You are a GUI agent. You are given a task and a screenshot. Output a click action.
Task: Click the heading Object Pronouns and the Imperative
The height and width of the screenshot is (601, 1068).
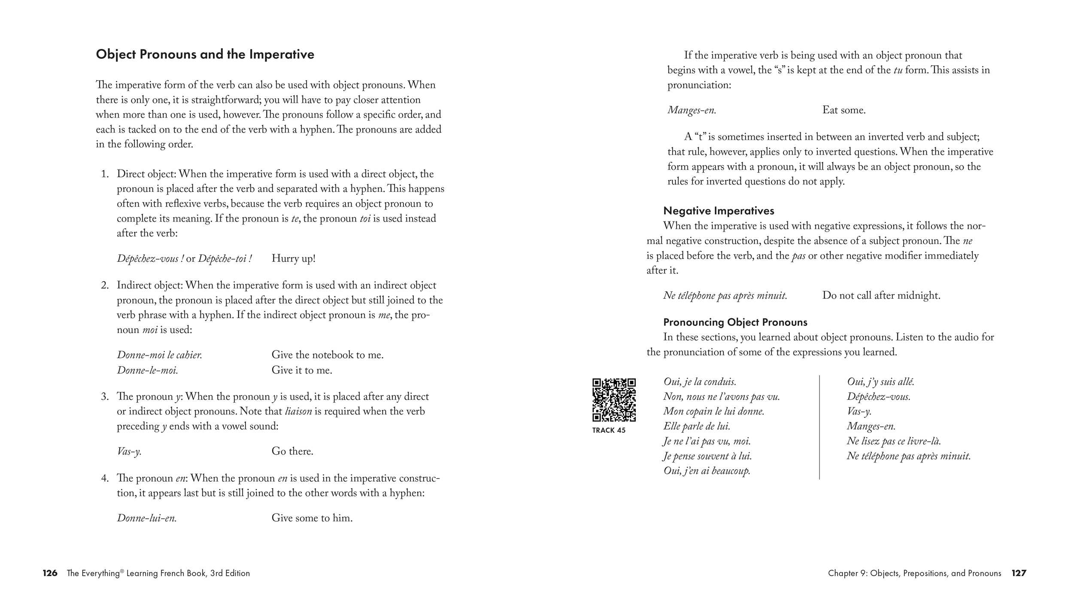[205, 55]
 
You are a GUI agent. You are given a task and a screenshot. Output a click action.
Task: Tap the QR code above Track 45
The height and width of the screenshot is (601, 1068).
[614, 400]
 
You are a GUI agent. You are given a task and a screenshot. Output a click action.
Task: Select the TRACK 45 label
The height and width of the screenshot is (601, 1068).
[609, 430]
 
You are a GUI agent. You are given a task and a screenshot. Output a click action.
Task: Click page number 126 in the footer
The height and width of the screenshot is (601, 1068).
[50, 573]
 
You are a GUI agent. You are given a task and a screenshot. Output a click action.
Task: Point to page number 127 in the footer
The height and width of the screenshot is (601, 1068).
[1019, 573]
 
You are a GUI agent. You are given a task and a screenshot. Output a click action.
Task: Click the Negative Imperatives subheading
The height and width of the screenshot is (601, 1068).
[719, 211]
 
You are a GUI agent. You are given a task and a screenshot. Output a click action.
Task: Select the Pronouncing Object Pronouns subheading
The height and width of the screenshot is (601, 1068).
[735, 322]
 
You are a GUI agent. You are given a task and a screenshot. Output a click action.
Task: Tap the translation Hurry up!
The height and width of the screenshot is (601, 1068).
[294, 258]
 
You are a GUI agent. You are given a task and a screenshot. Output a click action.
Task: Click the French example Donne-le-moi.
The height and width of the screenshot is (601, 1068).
[147, 370]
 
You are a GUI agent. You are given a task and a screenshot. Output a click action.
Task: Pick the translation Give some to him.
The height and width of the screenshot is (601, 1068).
[312, 518]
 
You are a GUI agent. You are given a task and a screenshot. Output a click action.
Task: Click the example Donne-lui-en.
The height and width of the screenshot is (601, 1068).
[147, 518]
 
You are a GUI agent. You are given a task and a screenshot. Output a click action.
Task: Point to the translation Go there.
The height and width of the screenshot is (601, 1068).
[292, 451]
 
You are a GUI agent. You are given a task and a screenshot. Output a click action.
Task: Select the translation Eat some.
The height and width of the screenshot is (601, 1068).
[844, 110]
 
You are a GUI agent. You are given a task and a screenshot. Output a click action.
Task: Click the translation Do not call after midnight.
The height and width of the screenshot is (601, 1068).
[881, 295]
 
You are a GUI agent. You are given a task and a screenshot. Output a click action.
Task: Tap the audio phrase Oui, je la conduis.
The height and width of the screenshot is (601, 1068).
[700, 382]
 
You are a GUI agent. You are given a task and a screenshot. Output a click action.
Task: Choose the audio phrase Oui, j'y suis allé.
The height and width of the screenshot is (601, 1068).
[880, 382]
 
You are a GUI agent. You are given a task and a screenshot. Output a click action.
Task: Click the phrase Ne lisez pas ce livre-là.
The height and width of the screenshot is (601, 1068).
[894, 441]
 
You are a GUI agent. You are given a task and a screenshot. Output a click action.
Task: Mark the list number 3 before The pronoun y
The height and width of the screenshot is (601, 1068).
[105, 396]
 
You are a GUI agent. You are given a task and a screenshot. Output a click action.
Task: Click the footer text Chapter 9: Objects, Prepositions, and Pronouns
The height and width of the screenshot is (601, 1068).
[914, 573]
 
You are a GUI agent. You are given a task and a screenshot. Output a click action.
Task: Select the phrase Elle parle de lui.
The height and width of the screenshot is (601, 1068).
[697, 426]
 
